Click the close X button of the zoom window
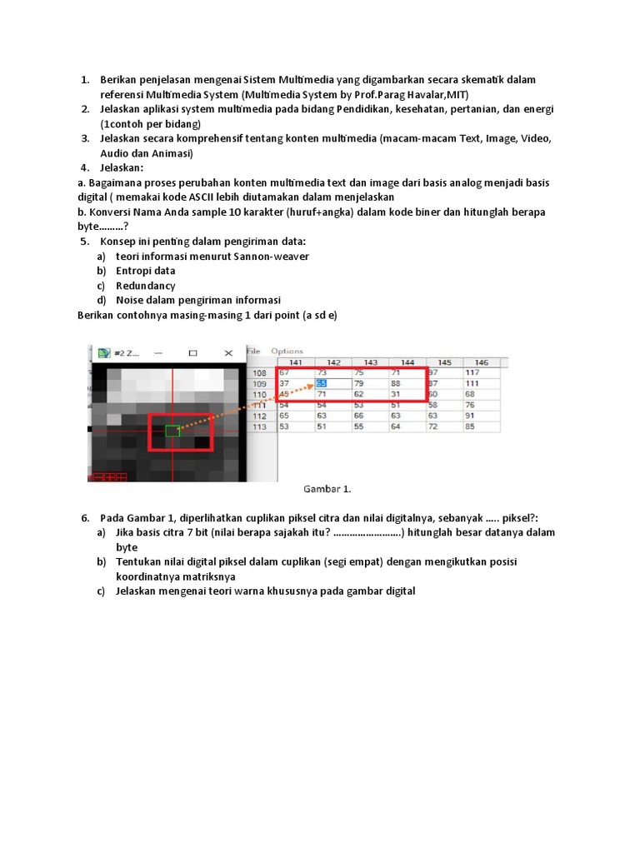227,353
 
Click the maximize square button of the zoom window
192,353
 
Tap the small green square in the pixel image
172,431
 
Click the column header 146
483,362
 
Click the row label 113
259,426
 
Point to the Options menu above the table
287,351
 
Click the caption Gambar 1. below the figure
322,490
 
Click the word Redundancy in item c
145,286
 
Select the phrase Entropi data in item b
145,271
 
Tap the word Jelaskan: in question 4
122,167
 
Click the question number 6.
85,518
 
